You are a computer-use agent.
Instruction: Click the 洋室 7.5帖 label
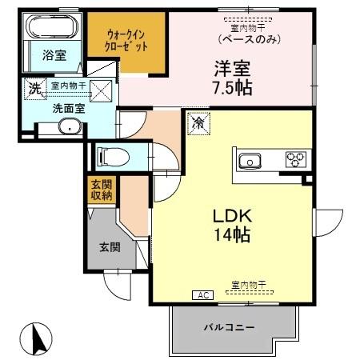pyautogui.click(x=233, y=78)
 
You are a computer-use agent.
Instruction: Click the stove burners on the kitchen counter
pyautogui.click(x=295, y=158)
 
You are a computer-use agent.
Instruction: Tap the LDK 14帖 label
pyautogui.click(x=232, y=226)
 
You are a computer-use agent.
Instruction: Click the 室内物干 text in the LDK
pyautogui.click(x=247, y=284)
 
